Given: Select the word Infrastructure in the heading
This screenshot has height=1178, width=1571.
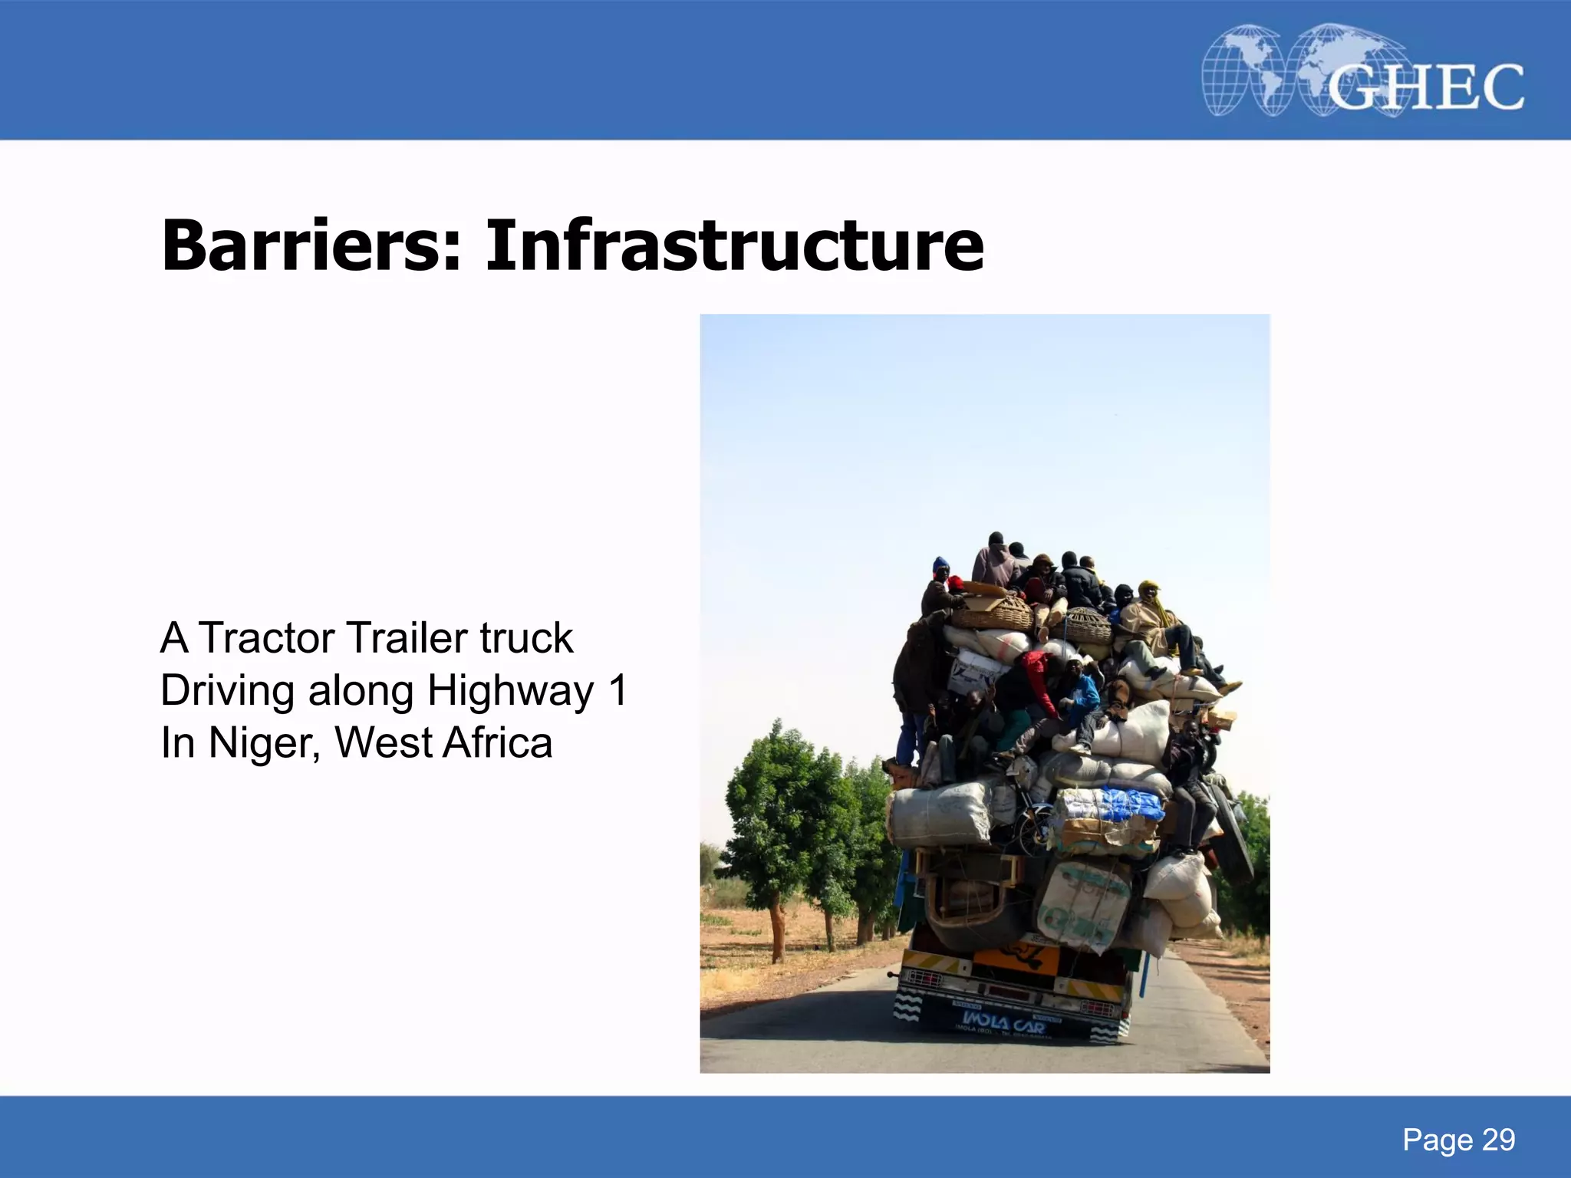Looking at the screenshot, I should click(x=734, y=245).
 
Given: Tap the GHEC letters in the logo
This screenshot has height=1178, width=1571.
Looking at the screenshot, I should click(x=1425, y=87).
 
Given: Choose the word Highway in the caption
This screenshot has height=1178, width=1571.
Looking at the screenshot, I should click(x=510, y=690).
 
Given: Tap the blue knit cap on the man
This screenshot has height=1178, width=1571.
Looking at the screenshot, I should click(x=940, y=566).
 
